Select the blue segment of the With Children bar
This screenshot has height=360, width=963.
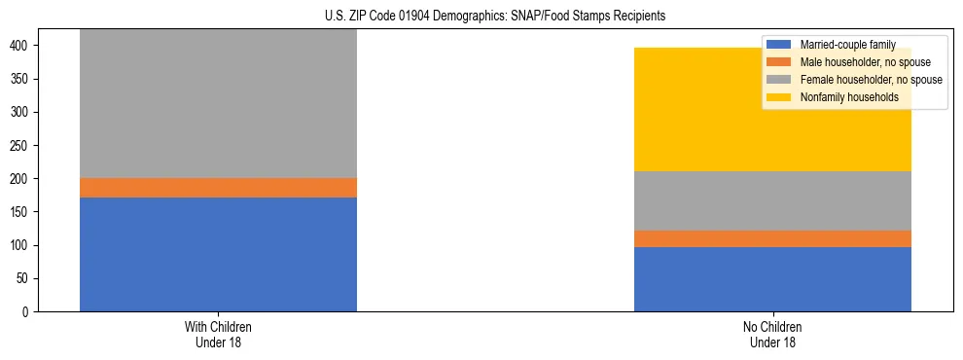click(218, 254)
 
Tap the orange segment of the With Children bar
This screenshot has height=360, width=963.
click(218, 187)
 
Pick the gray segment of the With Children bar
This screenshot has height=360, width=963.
click(218, 103)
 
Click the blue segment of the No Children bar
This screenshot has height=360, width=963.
click(772, 279)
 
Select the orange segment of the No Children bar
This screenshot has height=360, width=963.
click(772, 238)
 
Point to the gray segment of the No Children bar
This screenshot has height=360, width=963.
click(772, 200)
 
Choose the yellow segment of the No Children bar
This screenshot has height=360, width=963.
click(772, 109)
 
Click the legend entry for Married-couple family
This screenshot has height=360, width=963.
click(840, 45)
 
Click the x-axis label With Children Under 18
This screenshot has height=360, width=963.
click(218, 334)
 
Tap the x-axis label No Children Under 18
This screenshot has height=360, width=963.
click(772, 334)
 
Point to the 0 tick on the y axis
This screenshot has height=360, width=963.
click(29, 312)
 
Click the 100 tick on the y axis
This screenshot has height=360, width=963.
click(23, 245)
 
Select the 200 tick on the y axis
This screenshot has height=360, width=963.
click(23, 179)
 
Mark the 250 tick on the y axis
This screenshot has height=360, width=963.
click(23, 146)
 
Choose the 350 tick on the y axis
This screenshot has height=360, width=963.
click(23, 79)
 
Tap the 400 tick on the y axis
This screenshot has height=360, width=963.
click(23, 46)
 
